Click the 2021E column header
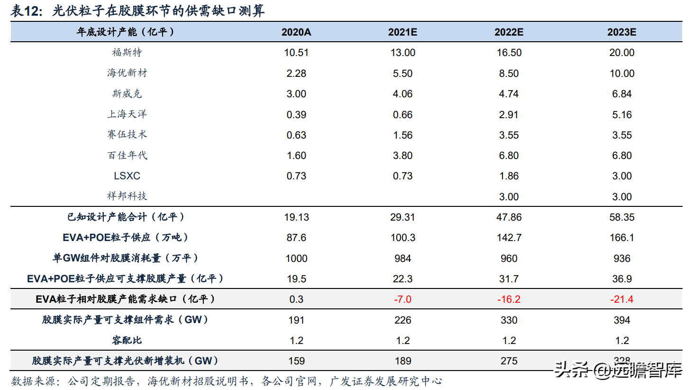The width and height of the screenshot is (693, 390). click(x=402, y=32)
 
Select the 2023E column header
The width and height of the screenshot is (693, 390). click(x=621, y=32)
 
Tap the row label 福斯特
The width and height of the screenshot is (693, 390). click(x=127, y=53)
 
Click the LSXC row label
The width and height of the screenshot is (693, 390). click(x=127, y=176)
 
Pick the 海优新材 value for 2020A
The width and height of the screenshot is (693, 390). click(x=296, y=74)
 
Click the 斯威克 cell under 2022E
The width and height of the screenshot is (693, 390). click(x=509, y=94)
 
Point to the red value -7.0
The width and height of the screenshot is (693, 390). click(x=402, y=299)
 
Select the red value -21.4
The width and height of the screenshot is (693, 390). click(x=621, y=299)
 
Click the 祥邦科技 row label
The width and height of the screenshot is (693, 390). click(x=127, y=196)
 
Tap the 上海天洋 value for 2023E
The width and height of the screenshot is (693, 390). click(x=621, y=115)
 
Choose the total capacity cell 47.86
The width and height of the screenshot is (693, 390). click(x=509, y=217)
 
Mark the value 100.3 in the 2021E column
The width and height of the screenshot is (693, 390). click(x=402, y=238)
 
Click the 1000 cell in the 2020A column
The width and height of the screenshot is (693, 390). click(x=296, y=259)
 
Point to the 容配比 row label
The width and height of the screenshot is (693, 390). click(x=127, y=341)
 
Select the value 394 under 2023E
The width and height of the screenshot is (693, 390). click(x=621, y=320)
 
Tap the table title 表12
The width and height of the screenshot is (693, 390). click(x=26, y=10)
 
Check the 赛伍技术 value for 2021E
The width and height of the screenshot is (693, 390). click(x=402, y=135)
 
